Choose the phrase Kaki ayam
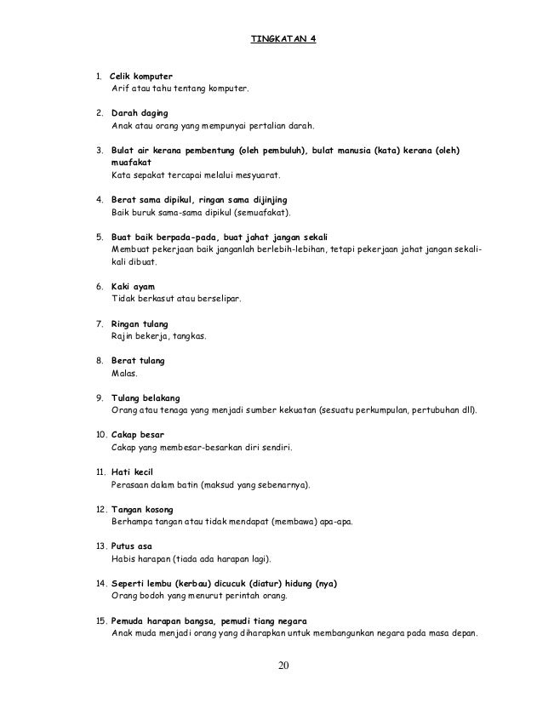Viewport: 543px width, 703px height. (x=133, y=286)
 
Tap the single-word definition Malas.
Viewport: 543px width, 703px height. (x=123, y=373)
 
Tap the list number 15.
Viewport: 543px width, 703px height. (x=100, y=620)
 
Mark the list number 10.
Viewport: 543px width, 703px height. (x=100, y=434)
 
